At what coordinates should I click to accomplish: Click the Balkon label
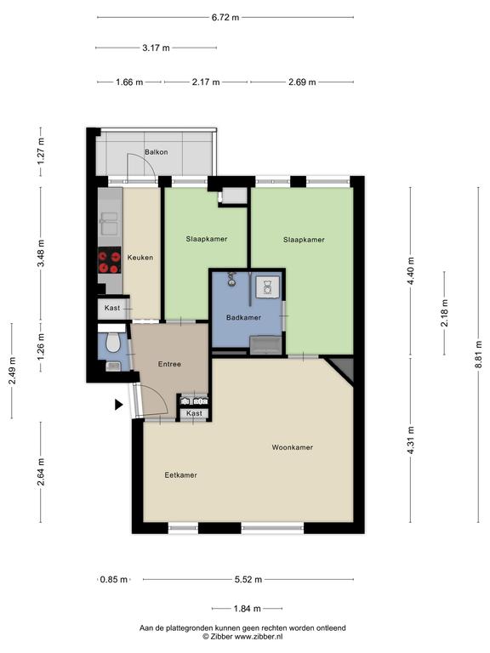[157, 152]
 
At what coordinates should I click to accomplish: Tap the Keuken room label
[140, 258]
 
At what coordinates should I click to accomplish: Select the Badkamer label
[243, 317]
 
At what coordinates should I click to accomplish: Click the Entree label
[169, 364]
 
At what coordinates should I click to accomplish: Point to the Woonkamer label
[292, 447]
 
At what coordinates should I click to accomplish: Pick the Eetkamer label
[180, 474]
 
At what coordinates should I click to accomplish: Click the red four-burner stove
[109, 260]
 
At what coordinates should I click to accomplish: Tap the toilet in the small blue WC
[112, 342]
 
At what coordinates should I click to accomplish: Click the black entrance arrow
[119, 405]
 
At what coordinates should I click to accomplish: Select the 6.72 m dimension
[225, 18]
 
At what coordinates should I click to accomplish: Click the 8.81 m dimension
[478, 355]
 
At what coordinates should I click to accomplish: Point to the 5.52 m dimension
[248, 579]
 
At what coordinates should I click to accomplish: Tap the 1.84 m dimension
[247, 609]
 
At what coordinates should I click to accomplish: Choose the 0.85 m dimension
[114, 579]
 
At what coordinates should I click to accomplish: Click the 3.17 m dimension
[156, 48]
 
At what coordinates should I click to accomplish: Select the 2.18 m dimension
[445, 313]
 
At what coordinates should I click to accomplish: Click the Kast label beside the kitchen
[112, 308]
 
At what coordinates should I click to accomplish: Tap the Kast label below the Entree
[194, 413]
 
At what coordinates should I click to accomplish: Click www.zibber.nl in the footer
[259, 636]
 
